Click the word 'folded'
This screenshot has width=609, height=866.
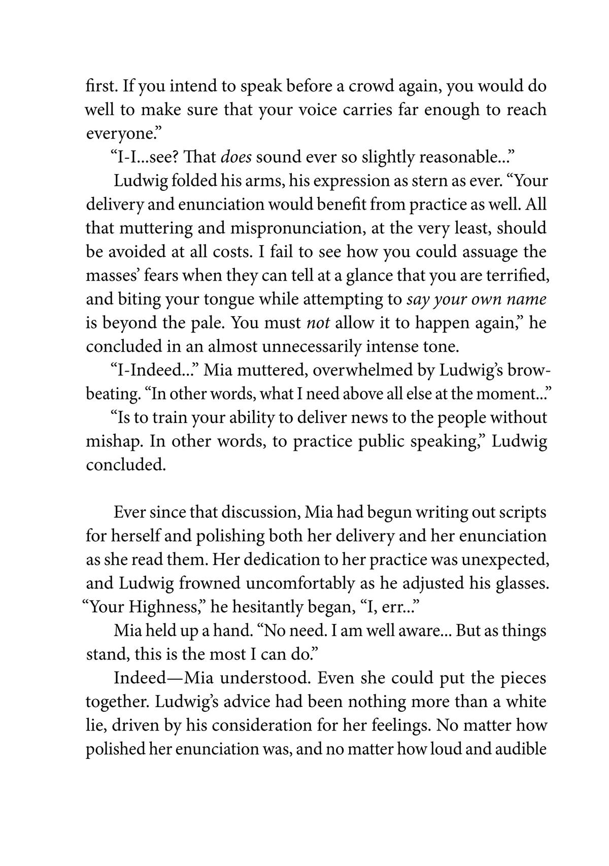point(195,181)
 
